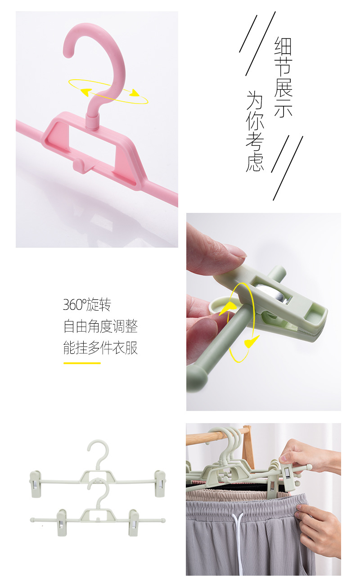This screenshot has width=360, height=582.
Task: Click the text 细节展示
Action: pyautogui.click(x=283, y=77)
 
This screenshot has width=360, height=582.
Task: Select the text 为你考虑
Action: pyautogui.click(x=255, y=131)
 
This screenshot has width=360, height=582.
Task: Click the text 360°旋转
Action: pyautogui.click(x=87, y=305)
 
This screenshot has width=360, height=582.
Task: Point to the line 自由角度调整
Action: pyautogui.click(x=100, y=326)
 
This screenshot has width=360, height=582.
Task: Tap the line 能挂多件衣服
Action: pyautogui.click(x=100, y=347)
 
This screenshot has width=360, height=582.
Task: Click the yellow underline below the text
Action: pyautogui.click(x=82, y=363)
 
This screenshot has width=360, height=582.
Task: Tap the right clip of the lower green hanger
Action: pyautogui.click(x=133, y=522)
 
